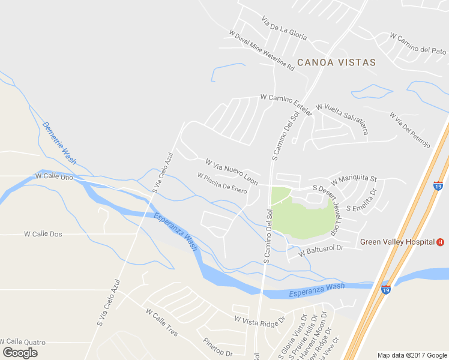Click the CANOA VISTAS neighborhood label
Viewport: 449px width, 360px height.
click(x=336, y=62)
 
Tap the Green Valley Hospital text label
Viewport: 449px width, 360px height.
click(x=397, y=242)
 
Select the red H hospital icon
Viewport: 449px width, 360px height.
click(x=441, y=242)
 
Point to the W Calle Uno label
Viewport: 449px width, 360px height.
click(x=55, y=176)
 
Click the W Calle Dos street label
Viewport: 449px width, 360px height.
click(x=43, y=234)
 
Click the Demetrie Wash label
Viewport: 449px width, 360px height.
click(x=59, y=143)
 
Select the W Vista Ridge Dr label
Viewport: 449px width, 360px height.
click(x=260, y=322)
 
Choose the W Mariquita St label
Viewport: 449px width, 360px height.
click(x=354, y=179)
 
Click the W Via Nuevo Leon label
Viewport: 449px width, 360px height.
click(x=231, y=172)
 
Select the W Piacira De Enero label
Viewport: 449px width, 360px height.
click(x=222, y=183)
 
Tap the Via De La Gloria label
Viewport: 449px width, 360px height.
click(x=284, y=28)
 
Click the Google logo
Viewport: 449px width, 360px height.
click(x=20, y=352)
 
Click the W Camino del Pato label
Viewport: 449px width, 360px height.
click(x=418, y=43)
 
